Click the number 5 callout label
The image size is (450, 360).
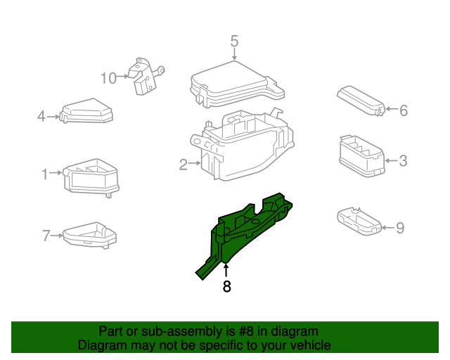234,41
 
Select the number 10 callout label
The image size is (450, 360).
108,78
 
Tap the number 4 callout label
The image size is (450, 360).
41,116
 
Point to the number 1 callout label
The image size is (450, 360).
44,173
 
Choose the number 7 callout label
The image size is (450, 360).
46,236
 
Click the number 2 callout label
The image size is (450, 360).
183,165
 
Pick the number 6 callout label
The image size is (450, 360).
404,110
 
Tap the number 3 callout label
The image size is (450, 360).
403,161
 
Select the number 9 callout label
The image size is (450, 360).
400,228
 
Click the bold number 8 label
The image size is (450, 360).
226,286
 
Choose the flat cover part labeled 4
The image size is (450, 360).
88,111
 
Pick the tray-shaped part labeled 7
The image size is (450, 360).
88,234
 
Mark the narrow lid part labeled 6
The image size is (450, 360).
360,100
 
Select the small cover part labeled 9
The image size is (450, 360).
358,219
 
